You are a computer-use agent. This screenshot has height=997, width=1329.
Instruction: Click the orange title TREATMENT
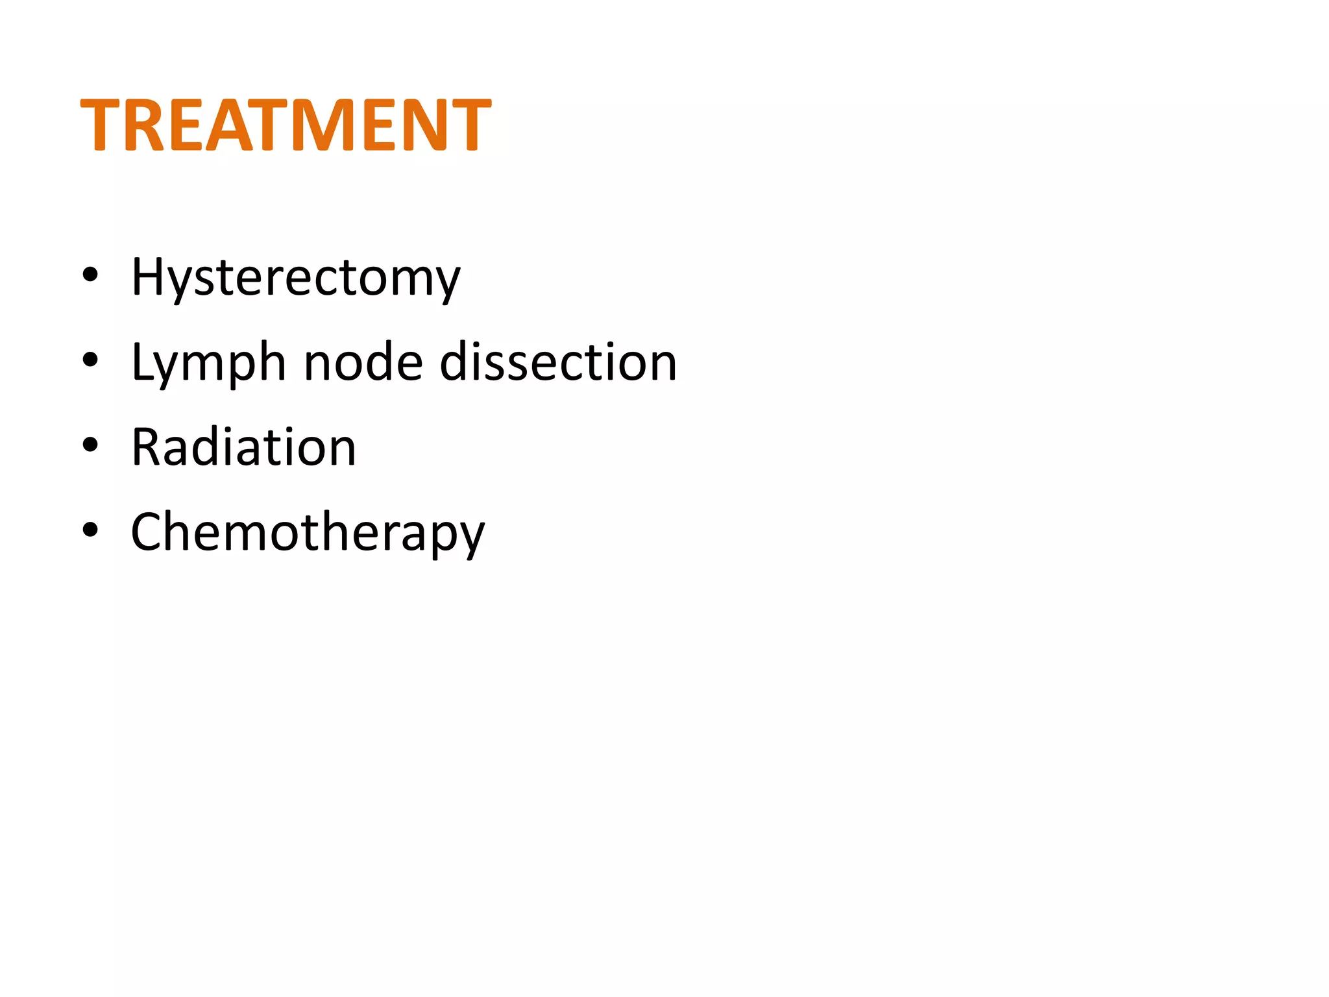[286, 125]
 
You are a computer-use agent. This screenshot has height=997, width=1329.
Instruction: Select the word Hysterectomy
[295, 278]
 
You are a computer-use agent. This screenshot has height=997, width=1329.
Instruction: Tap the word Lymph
[208, 363]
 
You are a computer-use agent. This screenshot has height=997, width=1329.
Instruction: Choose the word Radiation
[243, 447]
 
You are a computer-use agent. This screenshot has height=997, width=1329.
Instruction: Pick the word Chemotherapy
[308, 532]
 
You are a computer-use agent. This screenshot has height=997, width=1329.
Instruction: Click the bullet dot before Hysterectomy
[90, 275]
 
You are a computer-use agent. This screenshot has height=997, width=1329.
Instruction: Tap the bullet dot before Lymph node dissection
[90, 360]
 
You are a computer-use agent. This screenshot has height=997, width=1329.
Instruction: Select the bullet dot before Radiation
[90, 445]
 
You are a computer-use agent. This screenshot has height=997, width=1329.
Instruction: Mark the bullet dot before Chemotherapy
[90, 530]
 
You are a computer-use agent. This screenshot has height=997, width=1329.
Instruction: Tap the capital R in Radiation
[148, 447]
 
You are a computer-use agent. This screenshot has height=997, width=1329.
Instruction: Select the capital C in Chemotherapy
[148, 532]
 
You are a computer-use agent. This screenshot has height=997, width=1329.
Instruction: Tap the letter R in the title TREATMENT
[147, 125]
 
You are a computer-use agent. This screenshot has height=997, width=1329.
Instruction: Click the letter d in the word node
[383, 360]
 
